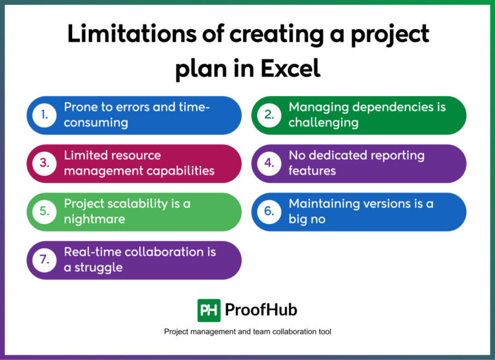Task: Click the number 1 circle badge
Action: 44,115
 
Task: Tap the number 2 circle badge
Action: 269,115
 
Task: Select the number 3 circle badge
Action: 44,164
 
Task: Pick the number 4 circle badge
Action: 269,164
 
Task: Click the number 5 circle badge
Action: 44,212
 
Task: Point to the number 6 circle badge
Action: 269,212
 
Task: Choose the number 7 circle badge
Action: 44,260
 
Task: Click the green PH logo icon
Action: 209,310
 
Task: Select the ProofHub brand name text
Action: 261,310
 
